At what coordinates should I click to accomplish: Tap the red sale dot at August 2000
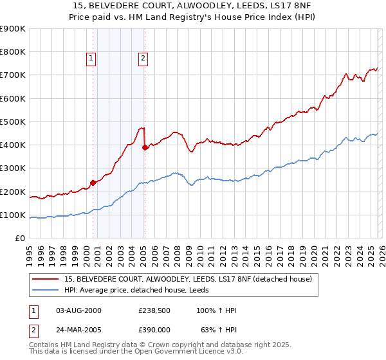[93, 183]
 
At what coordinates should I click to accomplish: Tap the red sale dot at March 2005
[145, 147]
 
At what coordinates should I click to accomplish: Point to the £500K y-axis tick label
[13, 122]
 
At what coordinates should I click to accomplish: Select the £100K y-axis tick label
[13, 215]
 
